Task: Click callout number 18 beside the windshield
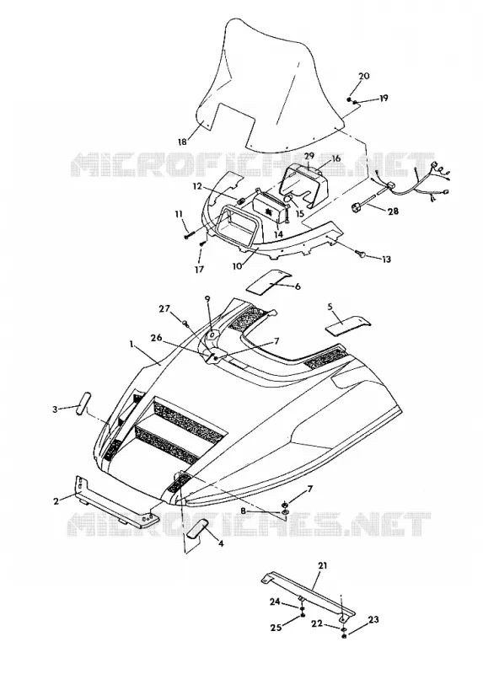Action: click(x=183, y=141)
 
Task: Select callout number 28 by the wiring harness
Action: click(x=393, y=211)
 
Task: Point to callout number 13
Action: click(x=386, y=259)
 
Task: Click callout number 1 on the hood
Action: click(x=131, y=344)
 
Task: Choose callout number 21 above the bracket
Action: click(x=322, y=565)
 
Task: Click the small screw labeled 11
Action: click(x=190, y=235)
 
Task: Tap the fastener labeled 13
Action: click(x=362, y=256)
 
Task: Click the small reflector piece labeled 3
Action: click(x=82, y=403)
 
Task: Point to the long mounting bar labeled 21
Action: click(x=308, y=592)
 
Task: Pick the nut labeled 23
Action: click(x=344, y=634)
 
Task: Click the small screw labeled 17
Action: click(x=203, y=243)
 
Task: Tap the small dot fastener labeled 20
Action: click(x=349, y=99)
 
